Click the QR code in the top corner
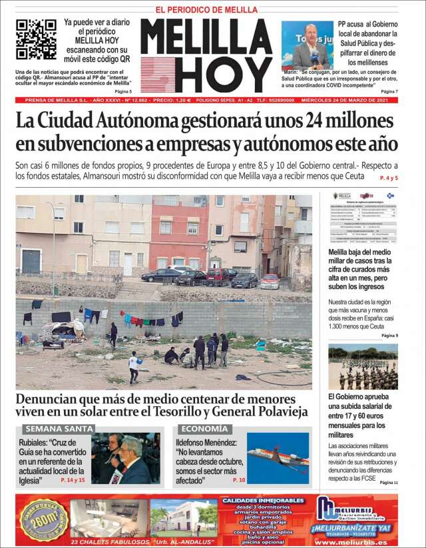pos(36,39)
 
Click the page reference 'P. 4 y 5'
pos(388,178)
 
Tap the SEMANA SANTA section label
pos(59,429)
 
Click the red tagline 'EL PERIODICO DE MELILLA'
pos(206,10)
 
